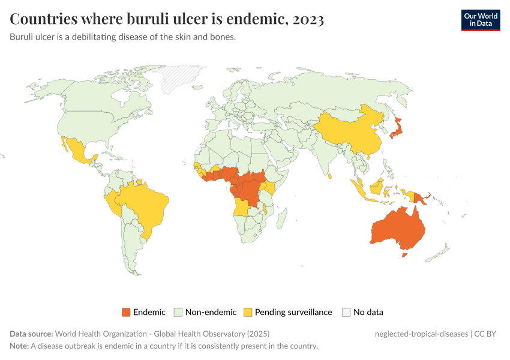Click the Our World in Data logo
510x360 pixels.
[480, 20]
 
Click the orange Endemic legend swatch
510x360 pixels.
[126, 312]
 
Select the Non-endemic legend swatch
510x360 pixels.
[178, 312]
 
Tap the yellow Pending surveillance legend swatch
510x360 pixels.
[248, 312]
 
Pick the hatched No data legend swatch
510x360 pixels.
[346, 312]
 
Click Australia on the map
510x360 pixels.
[397, 229]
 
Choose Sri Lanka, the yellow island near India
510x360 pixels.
[331, 175]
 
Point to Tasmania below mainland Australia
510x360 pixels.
[404, 255]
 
